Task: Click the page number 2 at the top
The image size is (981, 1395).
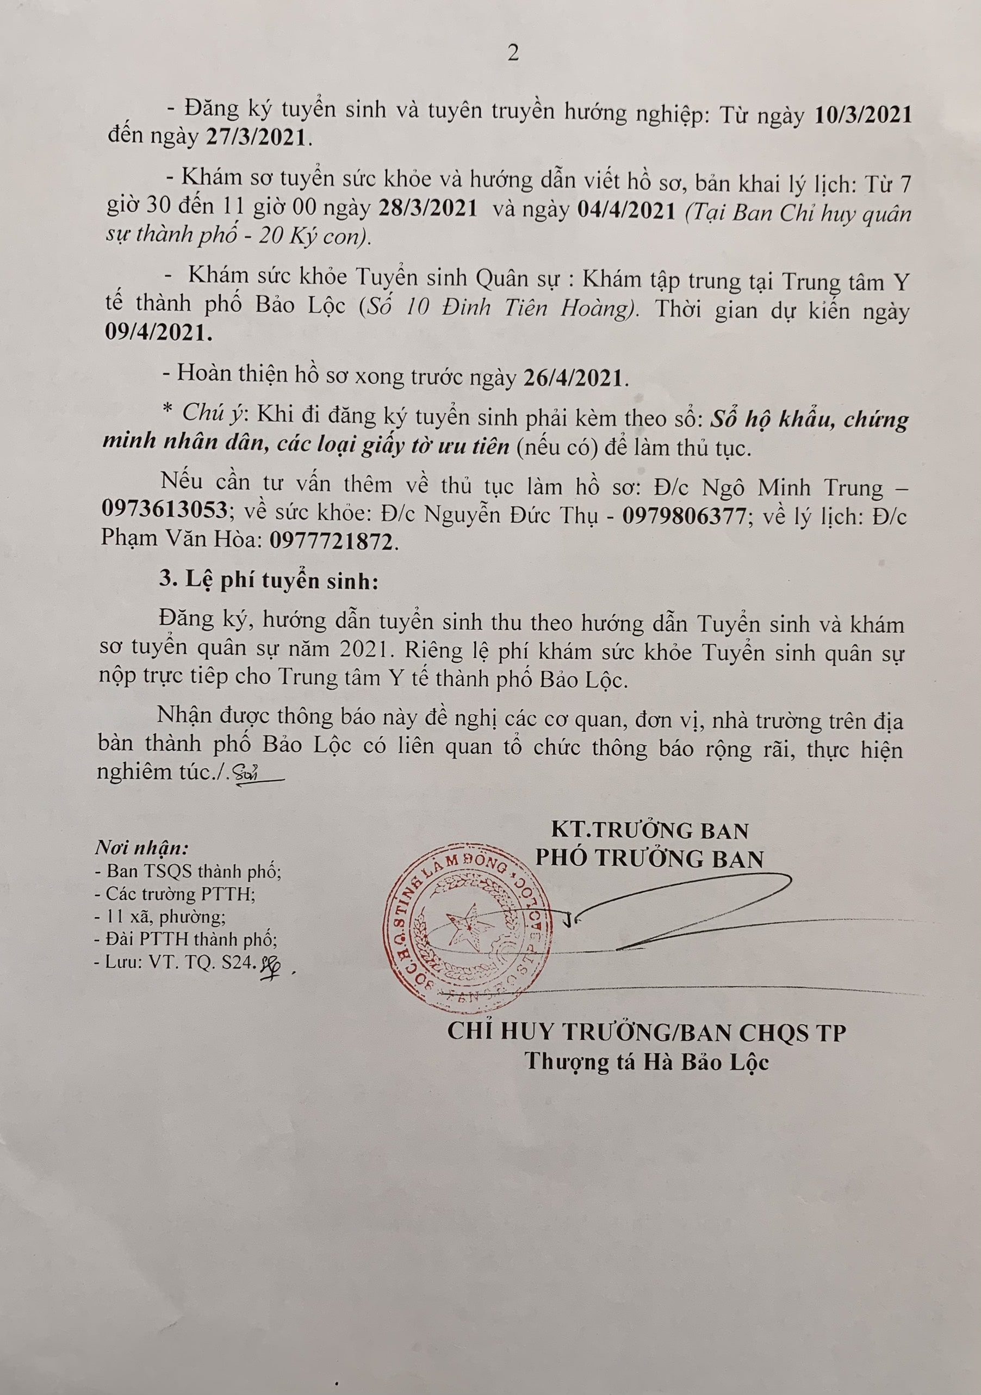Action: (x=513, y=54)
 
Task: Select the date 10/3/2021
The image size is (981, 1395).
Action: (x=862, y=115)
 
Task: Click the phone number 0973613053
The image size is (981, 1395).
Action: (x=165, y=510)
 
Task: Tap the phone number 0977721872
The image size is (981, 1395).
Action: (x=331, y=541)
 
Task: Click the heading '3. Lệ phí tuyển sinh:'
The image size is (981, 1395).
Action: (x=269, y=580)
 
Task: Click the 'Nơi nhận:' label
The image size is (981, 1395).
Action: (x=141, y=848)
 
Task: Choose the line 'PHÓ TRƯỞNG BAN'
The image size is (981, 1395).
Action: (x=649, y=859)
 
